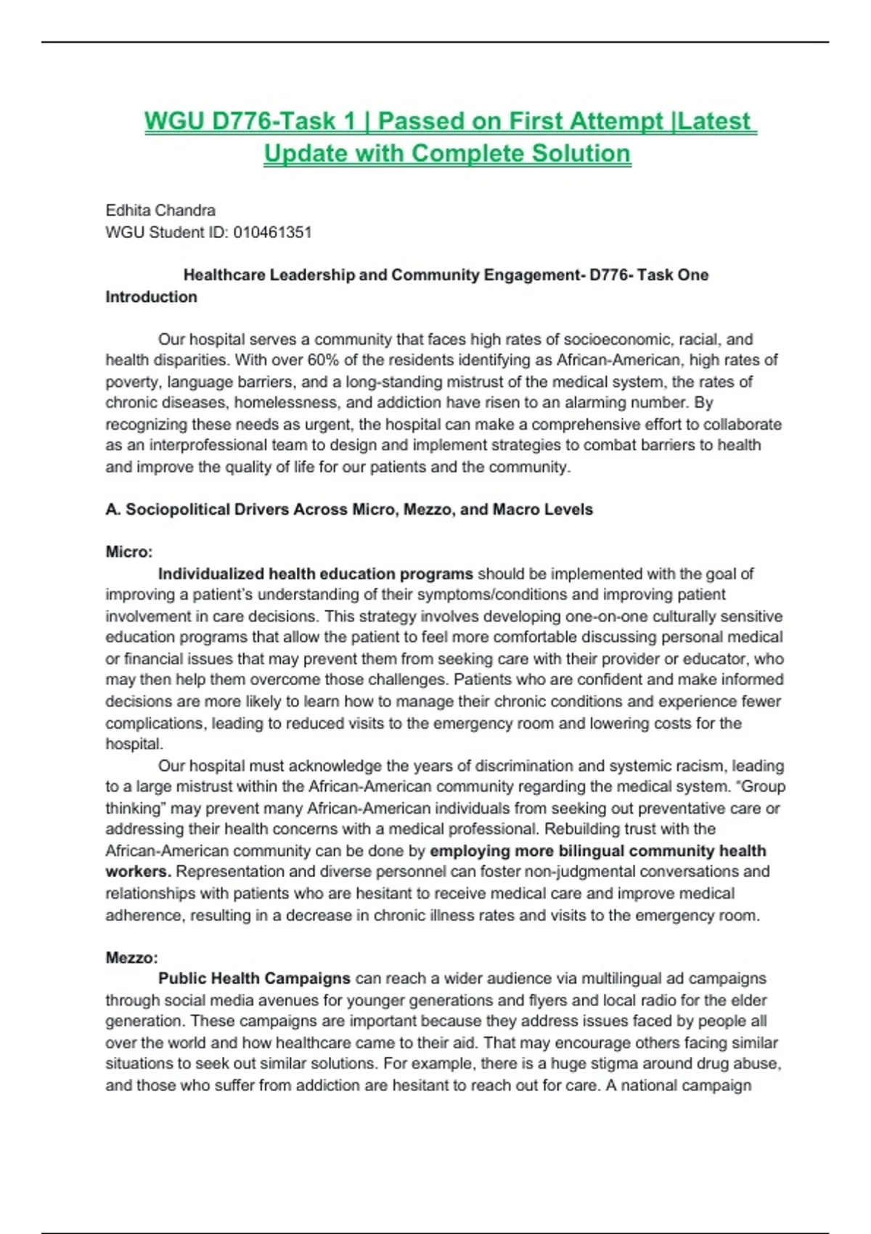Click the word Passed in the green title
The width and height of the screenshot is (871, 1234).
pos(421,120)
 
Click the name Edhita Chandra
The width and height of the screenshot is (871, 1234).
pos(160,211)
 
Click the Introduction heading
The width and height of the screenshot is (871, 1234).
pos(151,297)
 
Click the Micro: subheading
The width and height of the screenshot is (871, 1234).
pos(129,552)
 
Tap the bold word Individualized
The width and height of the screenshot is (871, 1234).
pos(210,574)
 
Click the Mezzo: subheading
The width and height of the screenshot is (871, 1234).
pos(131,957)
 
